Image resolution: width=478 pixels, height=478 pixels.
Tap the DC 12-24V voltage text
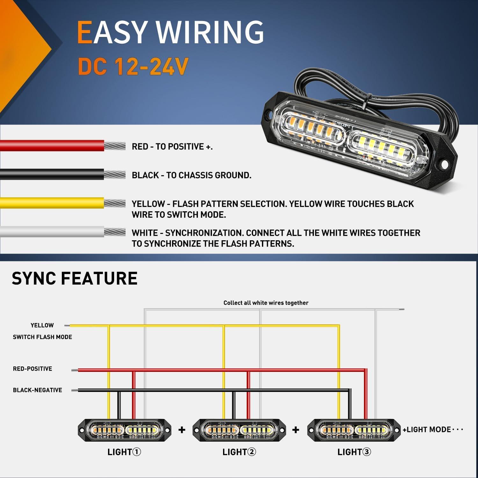133,67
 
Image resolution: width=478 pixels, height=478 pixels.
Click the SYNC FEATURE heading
75,278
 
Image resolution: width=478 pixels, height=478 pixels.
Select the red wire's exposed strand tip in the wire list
115,146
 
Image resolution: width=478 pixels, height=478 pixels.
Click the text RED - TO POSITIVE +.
172,147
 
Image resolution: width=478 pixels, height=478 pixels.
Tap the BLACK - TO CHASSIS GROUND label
192,175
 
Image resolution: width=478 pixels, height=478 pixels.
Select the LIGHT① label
124,452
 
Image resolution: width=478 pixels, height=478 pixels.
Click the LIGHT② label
239,452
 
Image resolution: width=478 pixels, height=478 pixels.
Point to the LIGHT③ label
354,452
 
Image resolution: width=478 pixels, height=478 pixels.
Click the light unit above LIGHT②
239,430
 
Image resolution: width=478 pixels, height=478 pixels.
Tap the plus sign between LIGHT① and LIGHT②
182,430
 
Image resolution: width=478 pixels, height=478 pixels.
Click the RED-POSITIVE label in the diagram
33,369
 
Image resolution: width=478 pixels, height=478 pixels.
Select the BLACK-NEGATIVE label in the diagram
37,390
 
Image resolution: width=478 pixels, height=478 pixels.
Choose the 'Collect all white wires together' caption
266,303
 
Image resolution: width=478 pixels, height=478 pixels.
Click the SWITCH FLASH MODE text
42,337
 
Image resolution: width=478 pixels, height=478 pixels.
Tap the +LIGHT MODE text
427,430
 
